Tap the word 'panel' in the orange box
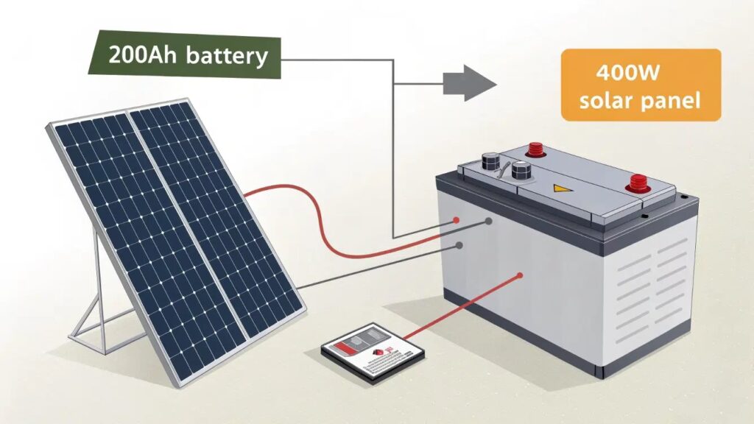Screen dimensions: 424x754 click(671, 101)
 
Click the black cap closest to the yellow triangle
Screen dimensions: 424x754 click(522, 172)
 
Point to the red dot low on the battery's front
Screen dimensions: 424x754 click(521, 276)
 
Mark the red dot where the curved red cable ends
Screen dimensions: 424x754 click(457, 220)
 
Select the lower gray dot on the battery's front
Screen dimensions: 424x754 click(459, 245)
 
